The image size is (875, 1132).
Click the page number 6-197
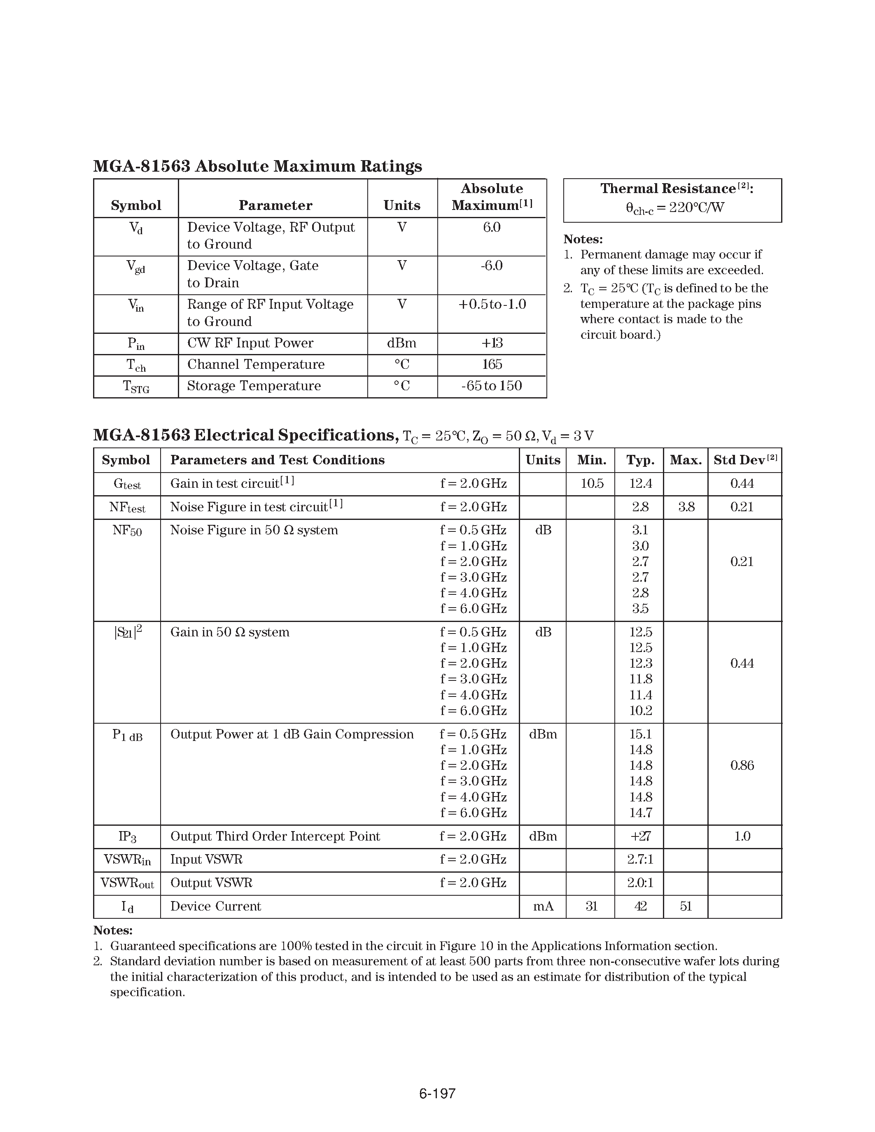coord(437,1093)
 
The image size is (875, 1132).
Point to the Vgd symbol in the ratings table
coord(135,267)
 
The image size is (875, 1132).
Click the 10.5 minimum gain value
coord(591,484)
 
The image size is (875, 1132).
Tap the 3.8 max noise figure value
coord(686,507)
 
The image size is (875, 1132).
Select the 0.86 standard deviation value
coord(742,766)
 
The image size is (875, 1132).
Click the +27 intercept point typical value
coord(640,836)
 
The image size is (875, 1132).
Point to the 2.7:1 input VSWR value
coord(640,859)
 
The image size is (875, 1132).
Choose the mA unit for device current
coord(543,906)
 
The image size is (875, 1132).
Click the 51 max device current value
coord(686,906)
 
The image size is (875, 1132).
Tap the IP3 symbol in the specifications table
coord(127,836)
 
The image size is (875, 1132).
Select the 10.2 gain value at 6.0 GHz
coord(640,710)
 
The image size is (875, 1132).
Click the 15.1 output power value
coord(640,734)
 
